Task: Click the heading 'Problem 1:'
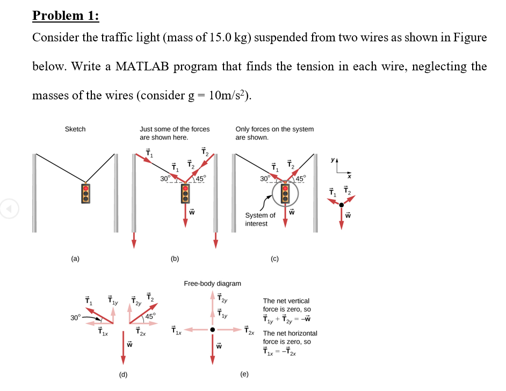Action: (x=66, y=16)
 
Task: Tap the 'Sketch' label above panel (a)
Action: (x=75, y=129)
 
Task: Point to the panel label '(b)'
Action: (x=175, y=259)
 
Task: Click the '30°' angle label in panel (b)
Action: (x=165, y=178)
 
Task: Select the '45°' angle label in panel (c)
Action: (x=299, y=178)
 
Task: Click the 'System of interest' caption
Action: (x=260, y=219)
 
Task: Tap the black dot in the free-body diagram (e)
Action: (x=213, y=329)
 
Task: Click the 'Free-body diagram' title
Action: (x=212, y=283)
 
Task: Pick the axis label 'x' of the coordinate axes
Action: (x=348, y=176)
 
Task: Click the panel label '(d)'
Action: (x=123, y=374)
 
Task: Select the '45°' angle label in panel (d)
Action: (x=150, y=316)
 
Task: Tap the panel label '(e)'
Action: (x=244, y=374)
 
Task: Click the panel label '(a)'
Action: (x=75, y=259)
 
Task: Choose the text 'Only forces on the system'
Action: (x=274, y=129)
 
